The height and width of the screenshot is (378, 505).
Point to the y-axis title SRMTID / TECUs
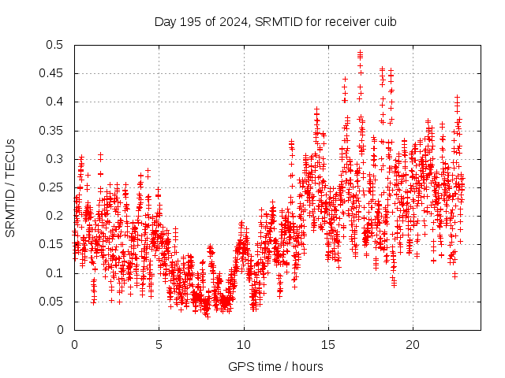[10, 187]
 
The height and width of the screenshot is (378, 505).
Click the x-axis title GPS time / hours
[275, 366]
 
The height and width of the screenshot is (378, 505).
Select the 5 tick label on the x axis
[159, 345]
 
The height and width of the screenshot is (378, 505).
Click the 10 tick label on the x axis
[244, 345]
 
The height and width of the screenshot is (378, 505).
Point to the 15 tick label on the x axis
[328, 345]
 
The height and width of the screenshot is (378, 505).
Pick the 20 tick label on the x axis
[413, 345]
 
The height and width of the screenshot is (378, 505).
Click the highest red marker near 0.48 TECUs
[360, 53]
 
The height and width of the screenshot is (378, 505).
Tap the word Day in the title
[165, 21]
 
